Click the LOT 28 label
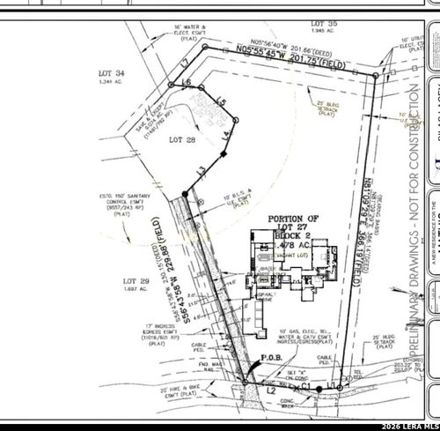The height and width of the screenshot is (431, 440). click(181, 140)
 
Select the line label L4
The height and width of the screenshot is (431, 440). click(227, 135)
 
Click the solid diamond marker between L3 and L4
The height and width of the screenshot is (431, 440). click(224, 155)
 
